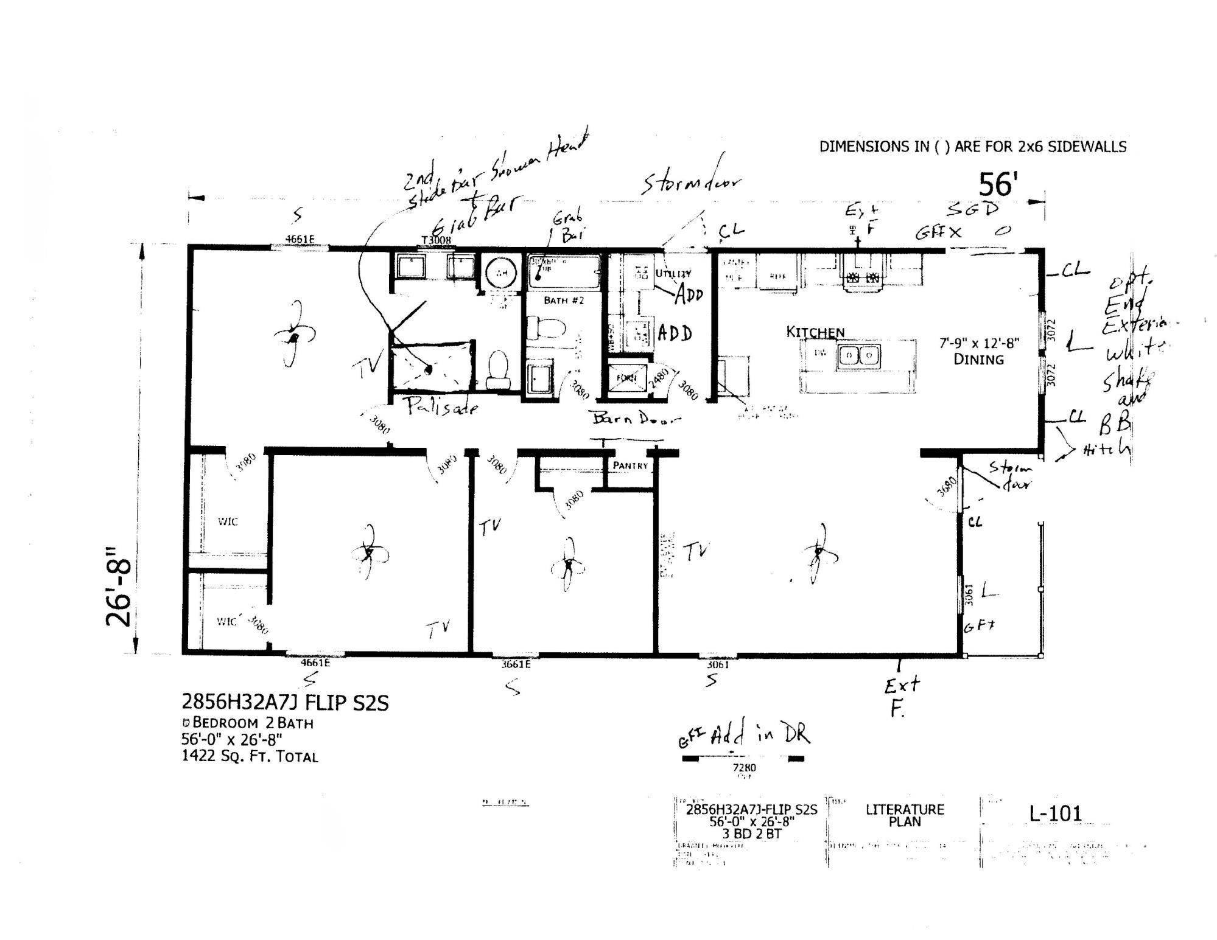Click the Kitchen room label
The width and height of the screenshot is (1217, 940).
tap(815, 332)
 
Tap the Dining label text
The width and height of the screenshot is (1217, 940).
tap(978, 360)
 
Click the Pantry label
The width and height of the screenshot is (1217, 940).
tap(630, 465)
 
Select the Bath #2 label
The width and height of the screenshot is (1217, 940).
tap(564, 300)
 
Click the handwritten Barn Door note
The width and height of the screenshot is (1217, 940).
tap(636, 419)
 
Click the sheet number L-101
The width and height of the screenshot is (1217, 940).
tap(1055, 813)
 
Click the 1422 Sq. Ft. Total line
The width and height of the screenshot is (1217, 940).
tap(250, 757)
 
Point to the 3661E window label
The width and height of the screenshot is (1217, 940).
tap(516, 664)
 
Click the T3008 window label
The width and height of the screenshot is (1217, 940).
tap(437, 240)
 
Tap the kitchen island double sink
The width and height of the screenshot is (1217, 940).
tap(859, 355)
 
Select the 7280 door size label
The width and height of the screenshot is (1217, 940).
tap(744, 768)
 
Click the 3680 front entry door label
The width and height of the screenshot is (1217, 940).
tap(946, 487)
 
